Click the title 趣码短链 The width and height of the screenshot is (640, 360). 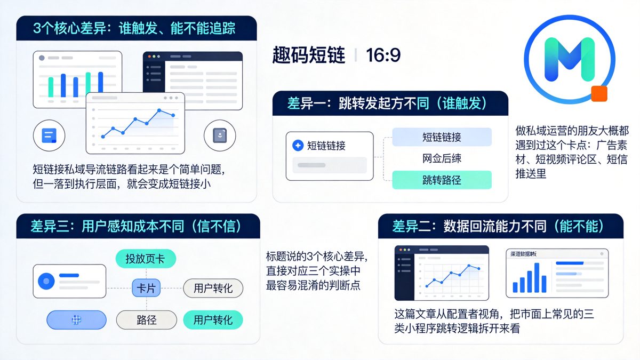coord(309,55)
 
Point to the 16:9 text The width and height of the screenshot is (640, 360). coord(383,55)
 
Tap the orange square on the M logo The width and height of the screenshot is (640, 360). coord(599,93)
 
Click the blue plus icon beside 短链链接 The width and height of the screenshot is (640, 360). coord(298,146)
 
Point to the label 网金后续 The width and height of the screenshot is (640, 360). coord(442,158)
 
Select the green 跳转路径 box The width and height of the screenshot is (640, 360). coord(442,180)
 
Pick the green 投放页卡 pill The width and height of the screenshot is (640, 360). coord(145,259)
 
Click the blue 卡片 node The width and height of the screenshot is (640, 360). coord(146,289)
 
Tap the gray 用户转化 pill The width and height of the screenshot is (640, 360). coord(213,289)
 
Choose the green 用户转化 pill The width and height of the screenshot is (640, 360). coord(213,320)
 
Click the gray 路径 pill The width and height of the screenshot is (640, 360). coord(146,320)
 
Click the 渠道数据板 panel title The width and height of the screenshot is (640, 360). coord(523,254)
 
